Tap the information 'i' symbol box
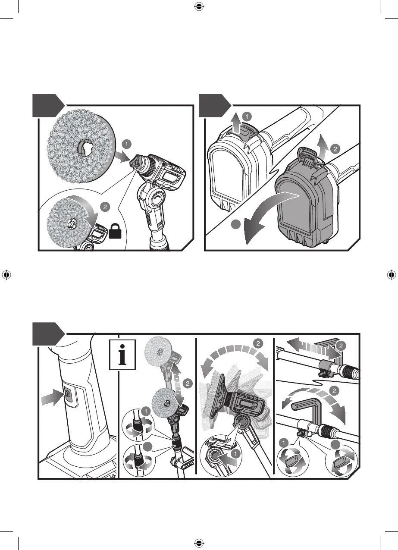[x=122, y=354]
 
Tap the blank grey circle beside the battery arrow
[x=236, y=224]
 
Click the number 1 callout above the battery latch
[x=247, y=116]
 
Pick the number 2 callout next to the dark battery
[x=335, y=149]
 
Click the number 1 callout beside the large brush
[x=127, y=144]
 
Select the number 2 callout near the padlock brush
[x=105, y=207]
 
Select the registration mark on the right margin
[x=391, y=275]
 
